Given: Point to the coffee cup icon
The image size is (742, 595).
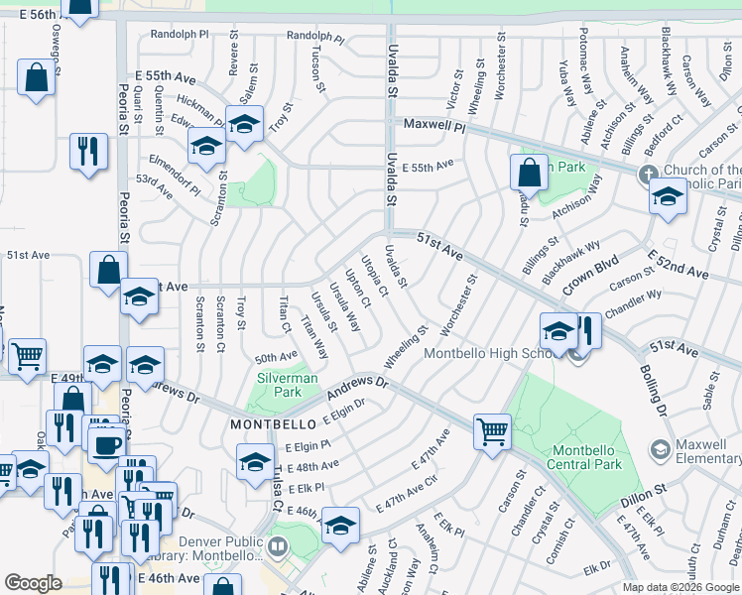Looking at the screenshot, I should [x=106, y=443].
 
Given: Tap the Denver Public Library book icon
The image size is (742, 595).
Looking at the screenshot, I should [x=279, y=544].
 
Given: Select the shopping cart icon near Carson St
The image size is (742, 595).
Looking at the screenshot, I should [x=492, y=431].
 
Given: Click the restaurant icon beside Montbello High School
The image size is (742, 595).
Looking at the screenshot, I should [x=586, y=331].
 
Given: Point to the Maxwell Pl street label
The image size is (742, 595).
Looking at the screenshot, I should [x=433, y=126].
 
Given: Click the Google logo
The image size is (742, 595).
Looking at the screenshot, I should [x=33, y=583].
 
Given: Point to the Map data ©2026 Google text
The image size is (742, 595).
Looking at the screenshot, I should [x=680, y=587].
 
